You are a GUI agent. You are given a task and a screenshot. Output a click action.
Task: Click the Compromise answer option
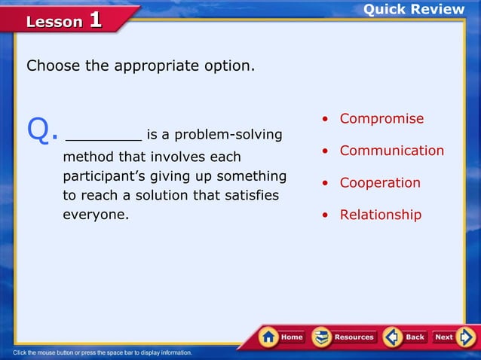381,119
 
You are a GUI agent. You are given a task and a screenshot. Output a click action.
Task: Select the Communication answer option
391,151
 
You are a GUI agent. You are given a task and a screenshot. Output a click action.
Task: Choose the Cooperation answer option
380,183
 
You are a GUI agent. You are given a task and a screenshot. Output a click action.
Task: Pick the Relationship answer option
380,215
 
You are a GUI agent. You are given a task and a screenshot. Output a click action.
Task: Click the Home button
283,337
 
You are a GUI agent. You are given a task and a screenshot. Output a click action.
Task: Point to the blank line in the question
103,136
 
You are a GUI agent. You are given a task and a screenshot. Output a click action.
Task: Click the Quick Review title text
414,9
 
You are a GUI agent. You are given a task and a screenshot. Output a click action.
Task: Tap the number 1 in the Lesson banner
95,20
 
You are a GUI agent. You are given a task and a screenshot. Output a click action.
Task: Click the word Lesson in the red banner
54,22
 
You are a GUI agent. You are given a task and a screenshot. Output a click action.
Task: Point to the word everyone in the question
94,215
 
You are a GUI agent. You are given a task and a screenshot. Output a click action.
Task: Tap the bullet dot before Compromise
325,120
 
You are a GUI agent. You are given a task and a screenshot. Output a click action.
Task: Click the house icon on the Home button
268,337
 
